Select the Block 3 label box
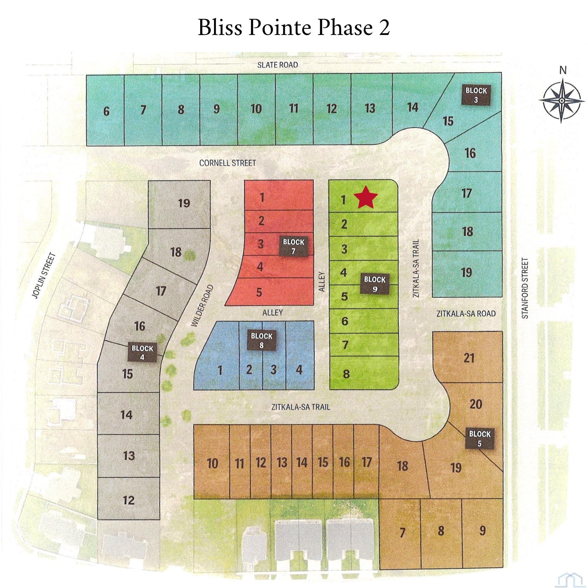coord(476,95)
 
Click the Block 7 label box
coord(293,247)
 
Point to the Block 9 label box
coord(374,284)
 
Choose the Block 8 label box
coord(261,340)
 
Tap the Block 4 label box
coord(142,353)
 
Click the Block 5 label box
coord(479,438)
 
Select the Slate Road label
coord(277,65)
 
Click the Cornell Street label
coord(227,163)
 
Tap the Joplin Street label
coord(44,275)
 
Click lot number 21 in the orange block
coord(469,358)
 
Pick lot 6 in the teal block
coord(106,111)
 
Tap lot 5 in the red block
coord(259,293)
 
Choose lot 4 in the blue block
coord(299,370)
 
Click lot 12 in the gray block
coord(129,500)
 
